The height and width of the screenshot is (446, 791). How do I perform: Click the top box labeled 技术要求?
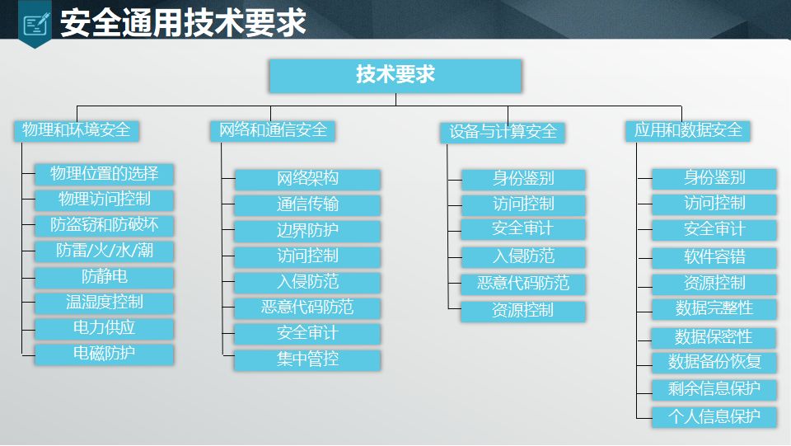[x=395, y=75]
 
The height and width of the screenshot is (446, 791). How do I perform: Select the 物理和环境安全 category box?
[x=77, y=130]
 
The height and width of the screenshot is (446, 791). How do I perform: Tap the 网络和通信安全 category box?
[x=273, y=130]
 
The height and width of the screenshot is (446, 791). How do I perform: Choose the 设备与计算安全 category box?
[x=503, y=132]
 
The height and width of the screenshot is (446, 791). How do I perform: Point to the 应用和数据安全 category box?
[x=687, y=130]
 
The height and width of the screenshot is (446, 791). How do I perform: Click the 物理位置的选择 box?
[x=105, y=174]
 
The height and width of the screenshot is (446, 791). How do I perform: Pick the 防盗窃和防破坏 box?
[x=105, y=225]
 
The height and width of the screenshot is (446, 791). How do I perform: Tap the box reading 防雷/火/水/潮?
[x=105, y=251]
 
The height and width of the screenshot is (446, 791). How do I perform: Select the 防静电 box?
[x=105, y=277]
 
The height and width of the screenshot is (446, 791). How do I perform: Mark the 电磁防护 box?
[x=105, y=354]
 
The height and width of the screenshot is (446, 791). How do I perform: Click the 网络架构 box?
[x=307, y=179]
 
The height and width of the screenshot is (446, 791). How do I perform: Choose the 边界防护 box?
[x=307, y=231]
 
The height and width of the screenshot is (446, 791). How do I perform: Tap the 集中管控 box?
[x=307, y=359]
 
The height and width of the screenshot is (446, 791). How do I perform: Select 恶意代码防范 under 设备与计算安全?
[x=523, y=284]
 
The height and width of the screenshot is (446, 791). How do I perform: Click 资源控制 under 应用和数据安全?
[x=714, y=284]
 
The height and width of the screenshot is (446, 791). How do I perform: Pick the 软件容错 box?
[x=714, y=257]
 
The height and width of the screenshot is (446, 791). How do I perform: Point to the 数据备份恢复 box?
[x=714, y=362]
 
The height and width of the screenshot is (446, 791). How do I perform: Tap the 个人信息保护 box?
[x=714, y=416]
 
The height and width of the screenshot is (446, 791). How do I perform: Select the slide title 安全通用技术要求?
[x=183, y=22]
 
